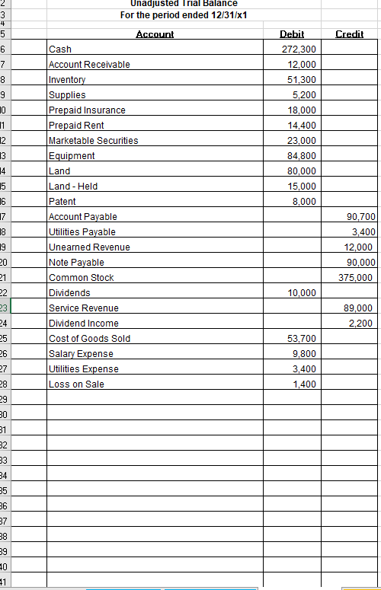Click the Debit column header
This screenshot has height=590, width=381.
pyautogui.click(x=292, y=34)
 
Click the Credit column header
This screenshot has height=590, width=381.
pyautogui.click(x=351, y=34)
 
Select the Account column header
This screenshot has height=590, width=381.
pyautogui.click(x=155, y=34)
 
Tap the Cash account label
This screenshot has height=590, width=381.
pyautogui.click(x=60, y=49)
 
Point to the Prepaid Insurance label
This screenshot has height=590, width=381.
pyautogui.click(x=87, y=110)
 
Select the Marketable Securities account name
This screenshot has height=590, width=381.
pyautogui.click(x=93, y=141)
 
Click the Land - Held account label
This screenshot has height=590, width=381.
pyautogui.click(x=73, y=187)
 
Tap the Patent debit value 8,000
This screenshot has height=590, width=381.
pyautogui.click(x=304, y=202)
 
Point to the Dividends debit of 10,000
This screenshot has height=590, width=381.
pyautogui.click(x=302, y=293)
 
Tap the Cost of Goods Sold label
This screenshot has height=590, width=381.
pyautogui.click(x=89, y=339)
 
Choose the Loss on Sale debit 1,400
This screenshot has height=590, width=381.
pyautogui.click(x=304, y=384)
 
